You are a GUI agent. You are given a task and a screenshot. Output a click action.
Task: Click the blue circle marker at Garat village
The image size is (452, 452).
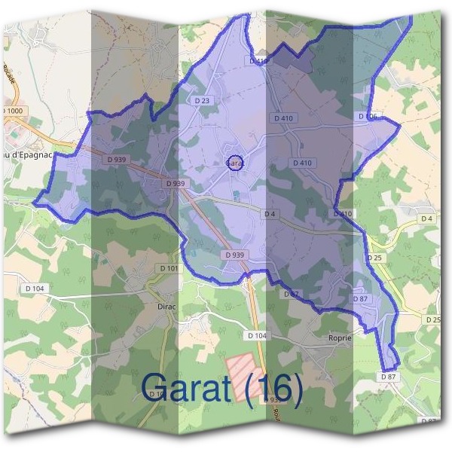tap(234, 163)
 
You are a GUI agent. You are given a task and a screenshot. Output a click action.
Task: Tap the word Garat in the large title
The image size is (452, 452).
tap(193, 387)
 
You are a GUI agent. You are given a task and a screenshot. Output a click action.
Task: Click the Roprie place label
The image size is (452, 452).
tap(340, 338)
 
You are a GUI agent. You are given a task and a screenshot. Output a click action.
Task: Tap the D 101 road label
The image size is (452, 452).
tap(169, 268)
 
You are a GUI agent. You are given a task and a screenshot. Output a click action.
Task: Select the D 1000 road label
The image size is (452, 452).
tap(13, 111)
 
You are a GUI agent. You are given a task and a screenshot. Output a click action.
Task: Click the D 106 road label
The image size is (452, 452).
tap(366, 116)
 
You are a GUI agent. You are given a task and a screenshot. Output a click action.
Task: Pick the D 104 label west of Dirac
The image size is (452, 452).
tap(35, 289)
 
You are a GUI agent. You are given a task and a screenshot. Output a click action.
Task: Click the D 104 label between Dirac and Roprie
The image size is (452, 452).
tap(256, 334)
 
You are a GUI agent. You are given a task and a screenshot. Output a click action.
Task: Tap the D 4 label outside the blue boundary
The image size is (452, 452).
tap(427, 218)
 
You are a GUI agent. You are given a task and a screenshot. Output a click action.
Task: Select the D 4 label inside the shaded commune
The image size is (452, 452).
tap(270, 214)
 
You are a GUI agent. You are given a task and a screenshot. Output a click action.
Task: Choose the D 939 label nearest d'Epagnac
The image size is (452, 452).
tap(117, 159)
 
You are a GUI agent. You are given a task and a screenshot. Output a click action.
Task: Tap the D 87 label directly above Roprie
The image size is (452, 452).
tap(360, 299)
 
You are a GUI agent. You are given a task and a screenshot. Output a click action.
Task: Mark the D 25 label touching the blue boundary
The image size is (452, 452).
tap(375, 258)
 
